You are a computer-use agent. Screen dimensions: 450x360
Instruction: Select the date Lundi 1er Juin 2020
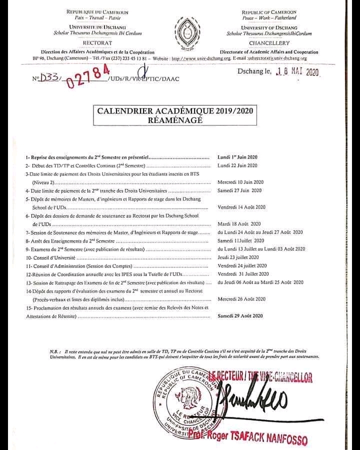point(238,156)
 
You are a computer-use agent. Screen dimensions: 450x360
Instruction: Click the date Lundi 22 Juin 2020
point(237,165)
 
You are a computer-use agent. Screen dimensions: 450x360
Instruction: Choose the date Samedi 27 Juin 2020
point(239,190)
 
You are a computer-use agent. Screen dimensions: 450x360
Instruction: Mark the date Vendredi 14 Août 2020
point(241,207)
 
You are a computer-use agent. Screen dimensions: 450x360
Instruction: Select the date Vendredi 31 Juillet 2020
point(243,273)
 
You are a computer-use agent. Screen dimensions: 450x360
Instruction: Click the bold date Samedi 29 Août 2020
point(240,316)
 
